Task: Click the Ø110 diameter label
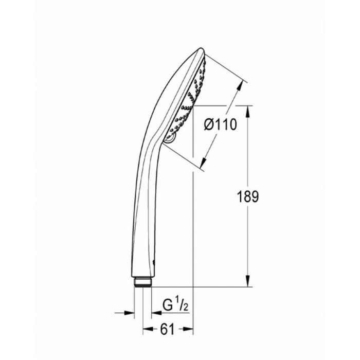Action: (220, 124)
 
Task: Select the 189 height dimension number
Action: (247, 196)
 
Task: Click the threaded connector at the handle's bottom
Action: (142, 282)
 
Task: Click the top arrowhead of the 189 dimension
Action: (247, 110)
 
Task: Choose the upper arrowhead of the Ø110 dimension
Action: (244, 85)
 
